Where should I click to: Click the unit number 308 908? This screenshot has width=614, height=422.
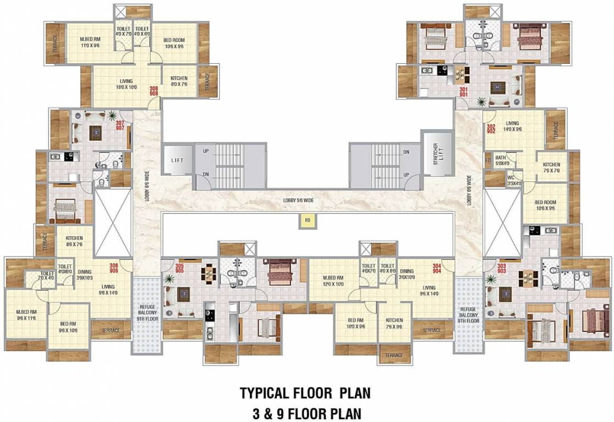click(x=153, y=91)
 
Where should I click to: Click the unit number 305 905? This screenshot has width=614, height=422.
click(x=179, y=268)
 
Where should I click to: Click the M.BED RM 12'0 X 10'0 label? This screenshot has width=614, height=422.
click(x=333, y=281)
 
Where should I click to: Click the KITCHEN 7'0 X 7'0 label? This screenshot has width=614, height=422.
click(x=551, y=168)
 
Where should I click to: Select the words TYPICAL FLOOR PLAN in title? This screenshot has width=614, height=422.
click(x=305, y=393)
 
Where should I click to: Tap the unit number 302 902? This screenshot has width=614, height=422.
click(x=491, y=129)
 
